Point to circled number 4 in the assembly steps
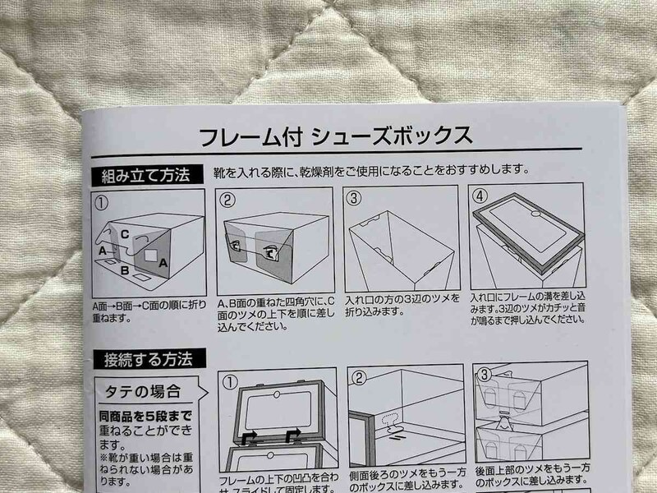point(480,198)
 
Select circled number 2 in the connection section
point(358,379)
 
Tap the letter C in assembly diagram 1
point(125,233)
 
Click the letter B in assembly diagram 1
point(123,268)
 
